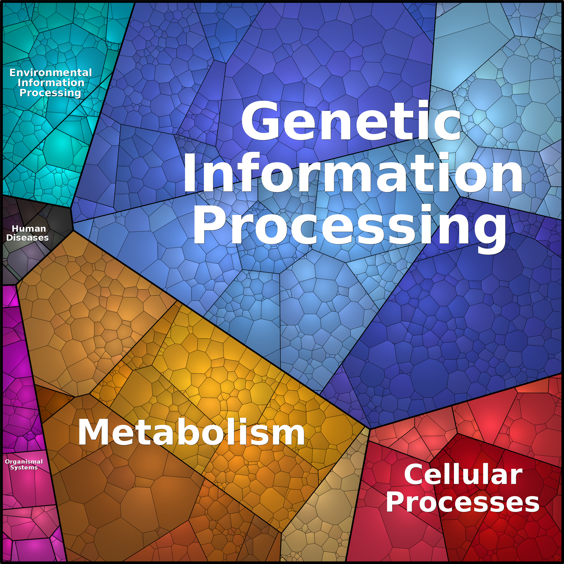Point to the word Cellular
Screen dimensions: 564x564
tap(463, 474)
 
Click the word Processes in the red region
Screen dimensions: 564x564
tap(463, 502)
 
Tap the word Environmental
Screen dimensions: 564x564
tap(51, 72)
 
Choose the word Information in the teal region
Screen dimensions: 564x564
tap(51, 83)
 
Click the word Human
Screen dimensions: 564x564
tap(29, 229)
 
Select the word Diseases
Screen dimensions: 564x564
tap(27, 238)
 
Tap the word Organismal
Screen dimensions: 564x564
tap(24, 462)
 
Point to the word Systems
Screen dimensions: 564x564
tap(24, 467)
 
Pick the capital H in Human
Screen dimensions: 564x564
tap(15, 229)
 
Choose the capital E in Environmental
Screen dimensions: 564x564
tap(13, 72)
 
